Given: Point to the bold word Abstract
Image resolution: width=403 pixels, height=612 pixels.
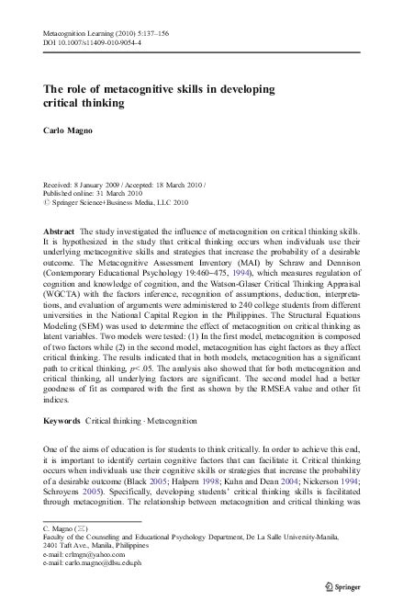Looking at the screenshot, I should click(60, 223).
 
